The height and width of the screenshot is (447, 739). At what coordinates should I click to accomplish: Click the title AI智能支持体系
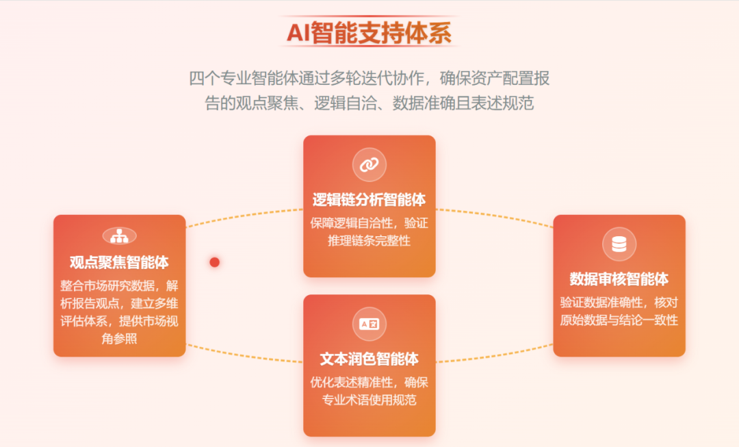[369, 33]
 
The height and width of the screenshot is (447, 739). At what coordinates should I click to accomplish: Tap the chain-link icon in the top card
[369, 164]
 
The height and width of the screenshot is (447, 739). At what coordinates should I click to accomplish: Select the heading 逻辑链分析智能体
[369, 199]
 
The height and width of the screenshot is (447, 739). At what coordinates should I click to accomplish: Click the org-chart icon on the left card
[119, 235]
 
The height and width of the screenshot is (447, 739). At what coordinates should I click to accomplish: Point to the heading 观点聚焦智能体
[119, 262]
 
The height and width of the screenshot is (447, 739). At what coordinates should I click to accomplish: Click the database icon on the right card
[619, 244]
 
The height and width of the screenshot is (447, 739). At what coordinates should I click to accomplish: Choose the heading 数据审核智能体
[619, 279]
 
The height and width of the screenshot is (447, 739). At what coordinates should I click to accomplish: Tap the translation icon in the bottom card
[369, 324]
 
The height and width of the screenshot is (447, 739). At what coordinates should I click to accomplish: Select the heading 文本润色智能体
[369, 359]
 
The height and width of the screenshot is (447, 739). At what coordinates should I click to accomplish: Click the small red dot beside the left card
[214, 262]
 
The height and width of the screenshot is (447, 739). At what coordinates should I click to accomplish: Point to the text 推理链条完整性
[369, 240]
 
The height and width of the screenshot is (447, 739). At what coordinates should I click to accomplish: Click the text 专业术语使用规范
[369, 400]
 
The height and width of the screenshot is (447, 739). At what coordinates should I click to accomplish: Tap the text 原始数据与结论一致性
[619, 320]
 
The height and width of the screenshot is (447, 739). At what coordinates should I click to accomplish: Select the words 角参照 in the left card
[119, 339]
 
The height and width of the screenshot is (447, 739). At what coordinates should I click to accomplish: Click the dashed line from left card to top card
[244, 215]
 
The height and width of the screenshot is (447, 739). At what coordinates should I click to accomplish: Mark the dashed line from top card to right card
[495, 216]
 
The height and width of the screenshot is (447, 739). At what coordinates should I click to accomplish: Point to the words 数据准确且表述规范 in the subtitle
[463, 103]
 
